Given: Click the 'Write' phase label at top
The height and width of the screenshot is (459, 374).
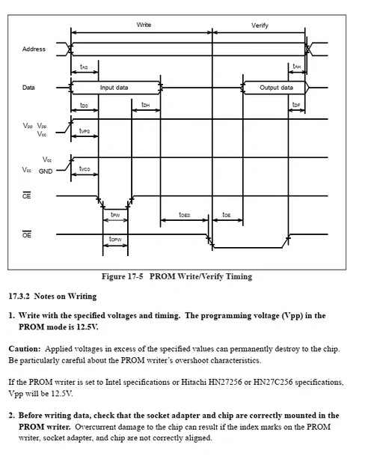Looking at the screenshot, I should (144, 25).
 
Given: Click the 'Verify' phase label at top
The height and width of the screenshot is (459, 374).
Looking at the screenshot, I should (260, 25).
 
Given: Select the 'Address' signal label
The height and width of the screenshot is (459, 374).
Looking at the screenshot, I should (34, 49).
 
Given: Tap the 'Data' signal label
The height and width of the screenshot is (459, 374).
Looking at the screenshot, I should (28, 88).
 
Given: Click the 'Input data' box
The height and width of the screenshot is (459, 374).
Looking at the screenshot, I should (114, 88).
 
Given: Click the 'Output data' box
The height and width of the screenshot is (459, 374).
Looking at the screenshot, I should (276, 88).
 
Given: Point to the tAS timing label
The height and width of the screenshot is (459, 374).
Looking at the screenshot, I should (84, 67).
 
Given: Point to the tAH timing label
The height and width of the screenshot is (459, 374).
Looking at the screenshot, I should (296, 67).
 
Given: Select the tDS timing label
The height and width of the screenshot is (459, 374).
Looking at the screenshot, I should (84, 106).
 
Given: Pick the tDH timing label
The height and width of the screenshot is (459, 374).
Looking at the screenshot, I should (145, 106).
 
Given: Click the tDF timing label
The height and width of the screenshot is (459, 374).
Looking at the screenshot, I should (296, 106).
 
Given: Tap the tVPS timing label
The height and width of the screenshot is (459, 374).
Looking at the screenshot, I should (85, 131).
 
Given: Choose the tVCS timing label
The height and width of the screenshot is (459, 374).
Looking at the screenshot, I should (85, 169).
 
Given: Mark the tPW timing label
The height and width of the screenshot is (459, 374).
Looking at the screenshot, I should (115, 214).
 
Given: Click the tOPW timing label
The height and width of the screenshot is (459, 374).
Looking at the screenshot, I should (115, 240).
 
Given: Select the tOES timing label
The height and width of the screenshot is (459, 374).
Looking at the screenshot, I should (184, 214).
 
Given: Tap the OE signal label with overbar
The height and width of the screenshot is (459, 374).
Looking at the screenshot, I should (26, 234).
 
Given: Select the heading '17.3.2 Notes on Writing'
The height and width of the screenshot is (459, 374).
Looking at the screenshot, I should (52, 297).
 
